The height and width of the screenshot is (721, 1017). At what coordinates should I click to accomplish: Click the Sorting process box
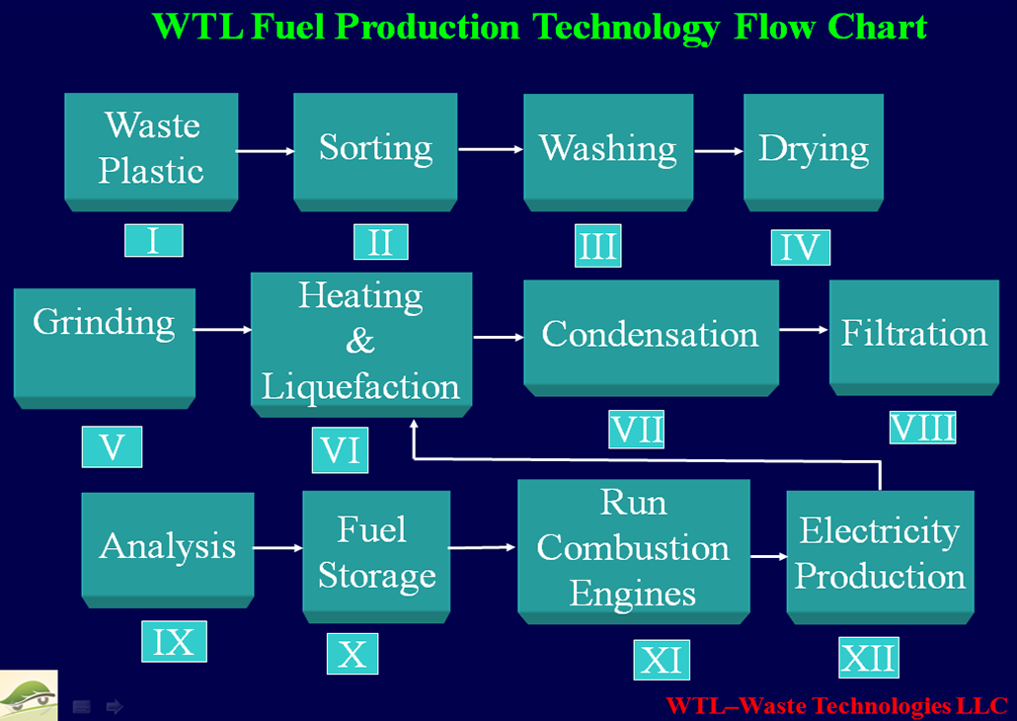pos(375,152)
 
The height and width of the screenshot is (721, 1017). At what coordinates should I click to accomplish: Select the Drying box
pos(814,152)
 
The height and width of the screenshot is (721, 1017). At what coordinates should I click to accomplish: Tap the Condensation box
pos(652,338)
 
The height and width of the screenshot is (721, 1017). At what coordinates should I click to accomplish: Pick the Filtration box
pos(914,338)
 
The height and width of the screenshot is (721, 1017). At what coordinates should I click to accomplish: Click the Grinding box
pos(105,349)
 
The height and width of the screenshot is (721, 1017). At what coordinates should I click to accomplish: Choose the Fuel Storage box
pos(377,557)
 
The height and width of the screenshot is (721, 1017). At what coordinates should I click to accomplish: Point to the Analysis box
pos(168,550)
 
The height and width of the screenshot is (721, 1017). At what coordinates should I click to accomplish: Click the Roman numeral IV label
pos(801,247)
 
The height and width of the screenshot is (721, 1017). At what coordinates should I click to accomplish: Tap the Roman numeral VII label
pos(636,429)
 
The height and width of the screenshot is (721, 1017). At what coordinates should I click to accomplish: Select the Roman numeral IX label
pos(174,641)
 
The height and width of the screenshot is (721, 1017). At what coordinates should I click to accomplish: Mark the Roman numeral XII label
pos(869,658)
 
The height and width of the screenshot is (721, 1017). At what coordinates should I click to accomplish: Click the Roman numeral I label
pos(154,240)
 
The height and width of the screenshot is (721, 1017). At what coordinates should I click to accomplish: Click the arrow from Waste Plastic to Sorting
pos(266,151)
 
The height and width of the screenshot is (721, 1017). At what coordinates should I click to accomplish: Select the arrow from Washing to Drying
pos(719,151)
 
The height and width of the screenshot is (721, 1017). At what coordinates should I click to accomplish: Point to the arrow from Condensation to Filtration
pos(805,330)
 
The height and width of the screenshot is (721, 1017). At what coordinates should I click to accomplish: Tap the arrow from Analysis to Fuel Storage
pos(278,548)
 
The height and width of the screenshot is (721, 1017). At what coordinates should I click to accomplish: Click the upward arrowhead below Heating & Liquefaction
pos(414,425)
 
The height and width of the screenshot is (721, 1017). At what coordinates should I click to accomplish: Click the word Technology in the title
pos(626,28)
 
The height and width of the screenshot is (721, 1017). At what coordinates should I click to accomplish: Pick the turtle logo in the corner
pos(29,695)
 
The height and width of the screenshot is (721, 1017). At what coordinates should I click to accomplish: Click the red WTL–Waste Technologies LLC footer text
pos(836,705)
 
